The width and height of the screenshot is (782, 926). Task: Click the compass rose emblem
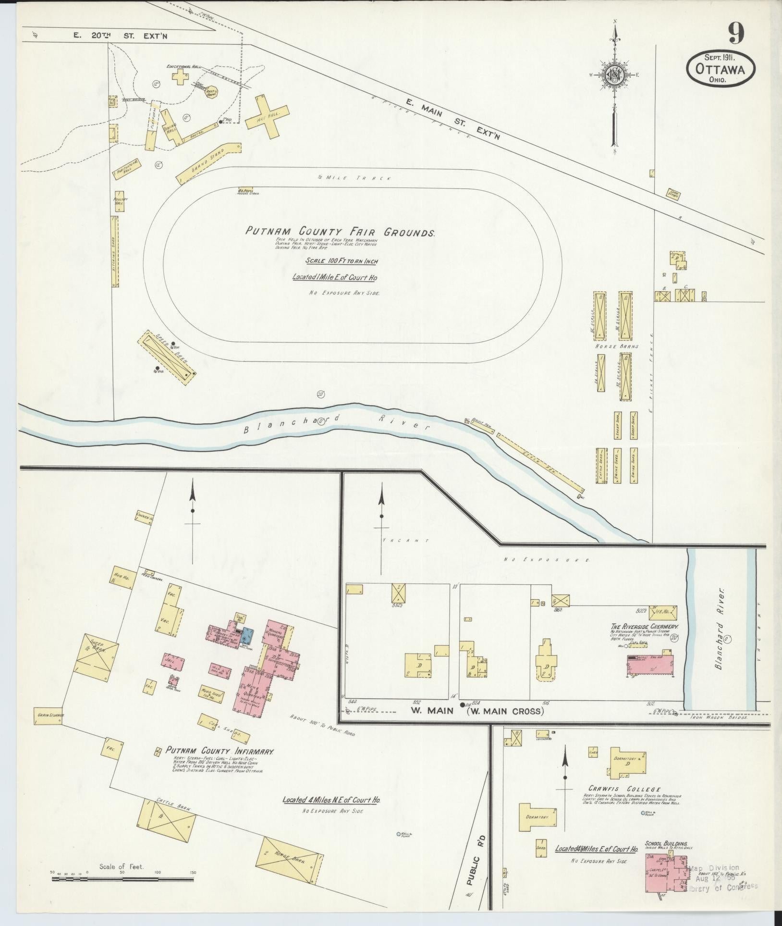coord(613,74)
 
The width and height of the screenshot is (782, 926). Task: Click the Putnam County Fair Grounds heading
coord(340,232)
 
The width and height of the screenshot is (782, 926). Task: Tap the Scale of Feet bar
coord(122,879)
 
